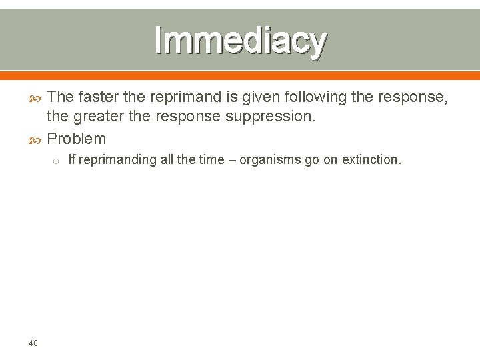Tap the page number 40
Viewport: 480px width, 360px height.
point(33,343)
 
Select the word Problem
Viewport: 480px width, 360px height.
point(77,139)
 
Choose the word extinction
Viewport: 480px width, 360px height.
point(372,160)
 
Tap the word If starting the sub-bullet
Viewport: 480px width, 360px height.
point(72,160)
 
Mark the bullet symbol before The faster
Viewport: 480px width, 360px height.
point(37,98)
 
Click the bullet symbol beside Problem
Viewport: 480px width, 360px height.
point(37,139)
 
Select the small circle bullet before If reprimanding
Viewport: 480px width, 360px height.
point(57,161)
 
